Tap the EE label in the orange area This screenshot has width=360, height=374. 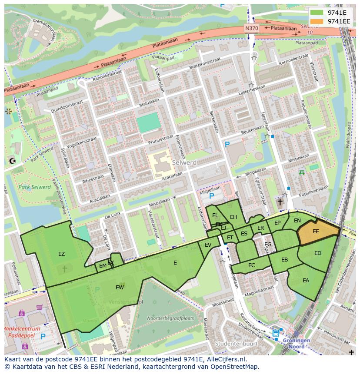point(316,232)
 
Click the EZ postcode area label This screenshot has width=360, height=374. point(61,254)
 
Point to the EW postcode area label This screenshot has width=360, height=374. point(120,288)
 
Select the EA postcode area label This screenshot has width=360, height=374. point(306,281)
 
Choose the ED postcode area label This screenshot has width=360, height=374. point(317,253)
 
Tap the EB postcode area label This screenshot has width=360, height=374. point(284,260)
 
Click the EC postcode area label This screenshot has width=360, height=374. point(251,265)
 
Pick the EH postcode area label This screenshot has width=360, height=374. point(233,217)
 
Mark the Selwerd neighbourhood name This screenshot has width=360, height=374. point(184,162)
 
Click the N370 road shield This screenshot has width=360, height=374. point(251,28)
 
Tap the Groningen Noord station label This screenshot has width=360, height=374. point(297,344)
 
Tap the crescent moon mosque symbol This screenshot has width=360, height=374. point(12,161)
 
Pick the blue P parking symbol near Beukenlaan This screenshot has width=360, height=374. point(227,144)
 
